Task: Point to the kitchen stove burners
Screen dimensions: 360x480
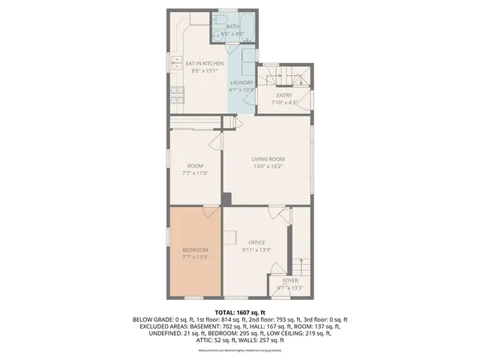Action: (178, 94)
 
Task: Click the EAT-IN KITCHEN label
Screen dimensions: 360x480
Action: (205, 63)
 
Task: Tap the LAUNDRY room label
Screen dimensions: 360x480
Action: (241, 82)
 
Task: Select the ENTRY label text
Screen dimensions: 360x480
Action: (284, 95)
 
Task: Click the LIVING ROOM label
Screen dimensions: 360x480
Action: (268, 158)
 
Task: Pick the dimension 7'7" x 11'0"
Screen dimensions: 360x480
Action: (194, 172)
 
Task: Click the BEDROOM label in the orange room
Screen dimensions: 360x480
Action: (195, 249)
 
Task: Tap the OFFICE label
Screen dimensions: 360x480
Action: (257, 242)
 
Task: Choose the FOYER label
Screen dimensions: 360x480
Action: (290, 280)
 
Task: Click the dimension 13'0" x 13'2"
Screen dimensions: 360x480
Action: (268, 166)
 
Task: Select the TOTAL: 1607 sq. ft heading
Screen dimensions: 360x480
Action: (239, 311)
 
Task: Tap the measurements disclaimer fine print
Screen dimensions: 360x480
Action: (239, 350)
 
